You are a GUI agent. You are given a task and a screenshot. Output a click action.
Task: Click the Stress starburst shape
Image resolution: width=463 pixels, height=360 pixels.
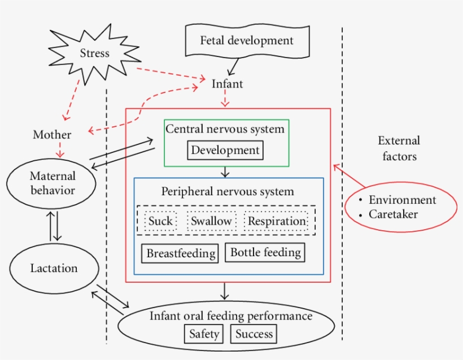click(94, 54)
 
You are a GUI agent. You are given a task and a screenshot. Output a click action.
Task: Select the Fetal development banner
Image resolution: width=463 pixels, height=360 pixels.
click(246, 41)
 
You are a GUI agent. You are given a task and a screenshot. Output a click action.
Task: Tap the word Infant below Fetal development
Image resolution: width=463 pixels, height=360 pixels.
click(227, 84)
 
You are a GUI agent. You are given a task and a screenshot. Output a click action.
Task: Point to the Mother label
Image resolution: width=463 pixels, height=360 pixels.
click(52, 135)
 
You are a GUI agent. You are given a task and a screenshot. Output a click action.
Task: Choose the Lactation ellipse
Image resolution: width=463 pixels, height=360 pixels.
click(54, 268)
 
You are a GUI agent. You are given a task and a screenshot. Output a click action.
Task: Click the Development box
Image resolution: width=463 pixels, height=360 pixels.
click(225, 150)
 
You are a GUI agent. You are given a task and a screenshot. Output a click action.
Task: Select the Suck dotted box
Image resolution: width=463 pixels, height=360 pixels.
click(160, 221)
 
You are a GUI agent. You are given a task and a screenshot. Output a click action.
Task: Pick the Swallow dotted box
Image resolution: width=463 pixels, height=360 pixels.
click(211, 221)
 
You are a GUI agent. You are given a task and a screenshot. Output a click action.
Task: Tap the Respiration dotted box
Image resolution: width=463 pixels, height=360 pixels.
click(277, 221)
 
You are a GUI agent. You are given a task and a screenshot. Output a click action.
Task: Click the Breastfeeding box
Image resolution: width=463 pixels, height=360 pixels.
click(181, 253)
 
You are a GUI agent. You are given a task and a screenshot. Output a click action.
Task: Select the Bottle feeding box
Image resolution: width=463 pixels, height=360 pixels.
click(265, 252)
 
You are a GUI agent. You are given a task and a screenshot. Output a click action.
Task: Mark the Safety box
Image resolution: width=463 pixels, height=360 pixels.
click(204, 333)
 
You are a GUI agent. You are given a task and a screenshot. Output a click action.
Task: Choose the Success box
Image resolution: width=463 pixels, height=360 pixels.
click(254, 333)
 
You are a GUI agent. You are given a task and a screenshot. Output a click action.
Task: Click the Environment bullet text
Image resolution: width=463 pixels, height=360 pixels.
click(402, 200)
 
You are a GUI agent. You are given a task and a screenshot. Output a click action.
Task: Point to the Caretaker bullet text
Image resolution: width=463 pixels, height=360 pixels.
click(393, 214)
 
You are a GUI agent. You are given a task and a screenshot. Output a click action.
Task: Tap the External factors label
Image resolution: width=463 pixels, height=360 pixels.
click(399, 148)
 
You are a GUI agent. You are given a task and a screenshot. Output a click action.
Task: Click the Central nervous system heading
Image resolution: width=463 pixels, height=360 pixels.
click(225, 129)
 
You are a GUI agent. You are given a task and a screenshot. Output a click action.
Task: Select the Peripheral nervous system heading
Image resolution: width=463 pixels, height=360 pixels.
click(228, 191)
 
